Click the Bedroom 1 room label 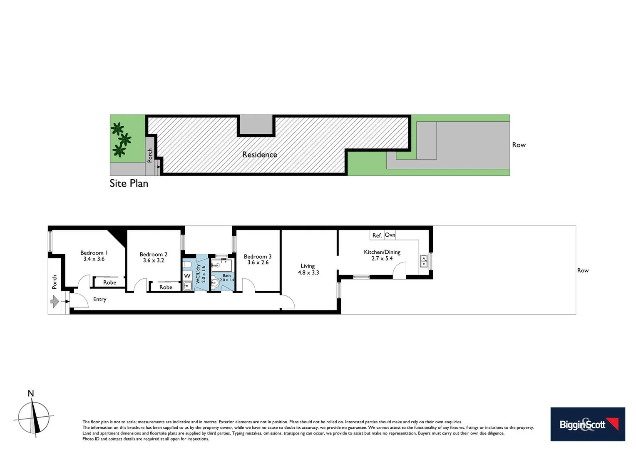coord(94,252)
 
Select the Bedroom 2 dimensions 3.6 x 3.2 coord(153,260)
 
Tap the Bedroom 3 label coord(258,256)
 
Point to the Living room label coord(308,266)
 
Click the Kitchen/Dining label coord(382,252)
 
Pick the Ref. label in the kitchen coord(377,235)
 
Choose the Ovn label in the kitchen coord(390,235)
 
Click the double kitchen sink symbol coord(424,261)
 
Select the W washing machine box coord(187,276)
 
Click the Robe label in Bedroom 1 coord(109,282)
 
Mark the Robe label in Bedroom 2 coord(166,287)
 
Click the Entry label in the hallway coord(99,299)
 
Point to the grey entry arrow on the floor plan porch coord(55,301)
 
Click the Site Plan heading coord(129,183)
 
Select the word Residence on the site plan coord(259,155)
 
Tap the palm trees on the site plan coord(121,139)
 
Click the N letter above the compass coord(30,393)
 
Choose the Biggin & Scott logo coord(587,424)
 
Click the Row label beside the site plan coord(519,145)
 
